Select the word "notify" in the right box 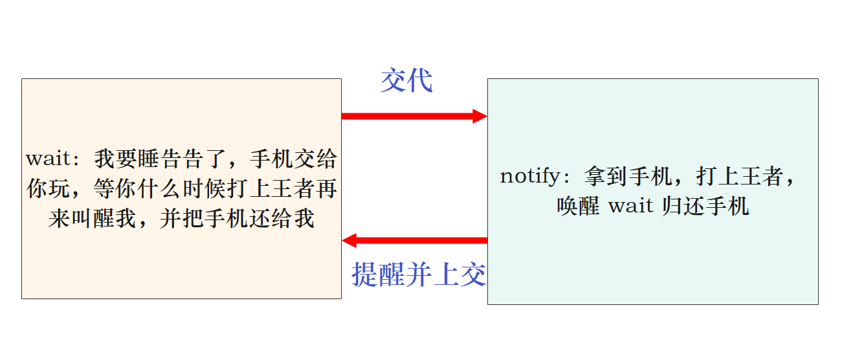coord(527,176)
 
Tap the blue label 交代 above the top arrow coord(406,82)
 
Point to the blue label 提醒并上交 coord(419,275)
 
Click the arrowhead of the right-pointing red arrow coord(480,117)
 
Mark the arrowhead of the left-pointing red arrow coord(349,241)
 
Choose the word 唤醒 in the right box coord(578,206)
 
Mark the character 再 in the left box coord(327,189)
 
